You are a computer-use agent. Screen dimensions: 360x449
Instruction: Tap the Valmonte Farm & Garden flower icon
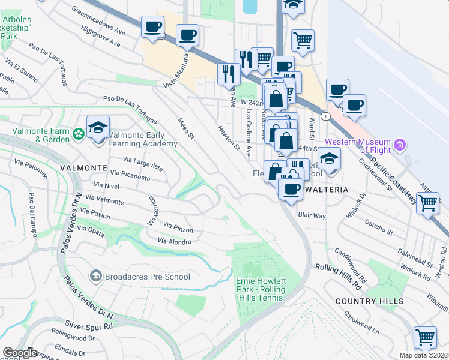[78, 133]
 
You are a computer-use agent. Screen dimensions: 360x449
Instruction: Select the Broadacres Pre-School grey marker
[95, 276]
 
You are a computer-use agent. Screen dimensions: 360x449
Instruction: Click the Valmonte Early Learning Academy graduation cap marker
[98, 128]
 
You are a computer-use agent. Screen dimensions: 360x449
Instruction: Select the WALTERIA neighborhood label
[327, 189]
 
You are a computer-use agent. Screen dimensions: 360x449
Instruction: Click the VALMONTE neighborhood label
[83, 167]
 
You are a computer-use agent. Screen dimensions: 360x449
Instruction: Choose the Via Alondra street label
[174, 241]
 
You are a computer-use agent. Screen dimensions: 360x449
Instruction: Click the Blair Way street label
[312, 215]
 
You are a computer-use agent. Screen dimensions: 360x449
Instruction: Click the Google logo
[20, 353]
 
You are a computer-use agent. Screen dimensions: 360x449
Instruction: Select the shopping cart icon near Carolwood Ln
[425, 337]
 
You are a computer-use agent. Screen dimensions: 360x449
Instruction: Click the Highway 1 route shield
[325, 115]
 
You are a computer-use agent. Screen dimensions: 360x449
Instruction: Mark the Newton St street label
[229, 137]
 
